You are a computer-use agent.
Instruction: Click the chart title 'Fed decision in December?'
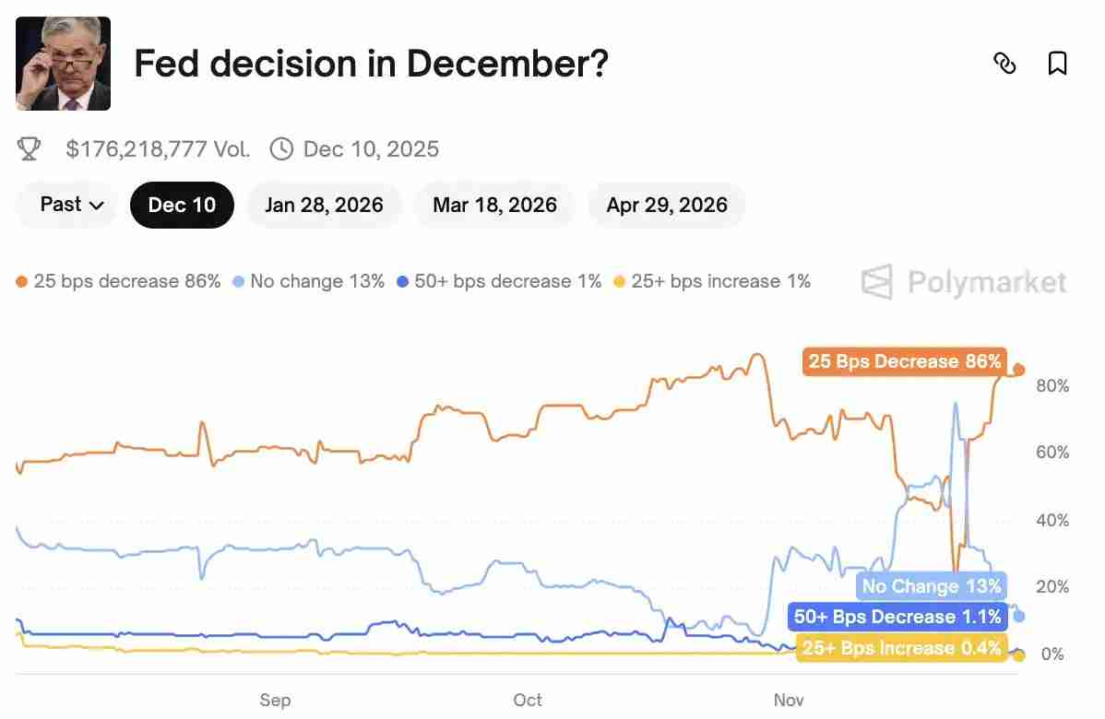coord(371,64)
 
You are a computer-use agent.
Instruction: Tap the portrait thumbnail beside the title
coord(64,64)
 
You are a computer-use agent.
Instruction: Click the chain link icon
coord(1004,64)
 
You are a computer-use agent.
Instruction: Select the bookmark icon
coord(1058,64)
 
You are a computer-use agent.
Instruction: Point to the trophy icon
coord(30,148)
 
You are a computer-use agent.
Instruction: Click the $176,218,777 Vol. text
coord(158,148)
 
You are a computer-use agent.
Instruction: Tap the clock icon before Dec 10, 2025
coord(281,148)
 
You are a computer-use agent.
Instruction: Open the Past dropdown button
coord(71,205)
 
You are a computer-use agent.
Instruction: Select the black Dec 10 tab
coord(182,205)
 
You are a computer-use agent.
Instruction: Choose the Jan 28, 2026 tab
coord(324,205)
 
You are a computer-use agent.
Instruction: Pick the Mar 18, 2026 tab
coord(494,205)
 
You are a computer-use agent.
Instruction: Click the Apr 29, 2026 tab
coord(667,205)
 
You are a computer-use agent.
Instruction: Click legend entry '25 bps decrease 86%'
coord(119,281)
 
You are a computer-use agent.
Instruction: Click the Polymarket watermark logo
coord(964,282)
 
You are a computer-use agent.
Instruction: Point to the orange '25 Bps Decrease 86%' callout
coord(904,361)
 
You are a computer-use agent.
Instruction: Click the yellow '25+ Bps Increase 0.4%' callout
coord(901,648)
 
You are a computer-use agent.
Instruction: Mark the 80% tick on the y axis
coord(1052,385)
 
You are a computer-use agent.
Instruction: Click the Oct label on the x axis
coord(528,701)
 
